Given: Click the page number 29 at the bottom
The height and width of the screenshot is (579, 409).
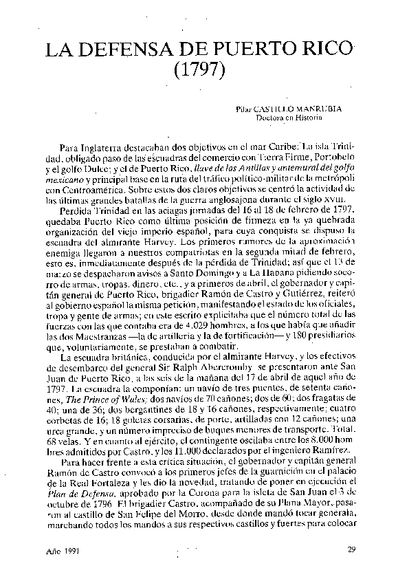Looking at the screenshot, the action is pyautogui.click(x=351, y=549).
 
